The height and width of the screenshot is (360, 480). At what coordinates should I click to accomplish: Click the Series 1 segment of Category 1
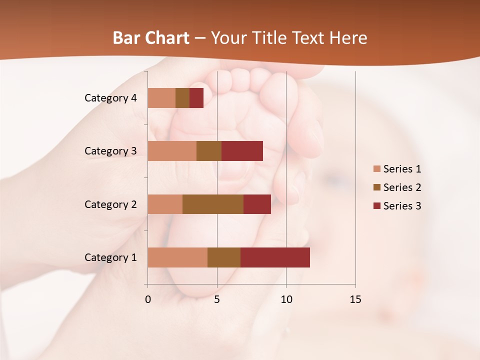click(177, 257)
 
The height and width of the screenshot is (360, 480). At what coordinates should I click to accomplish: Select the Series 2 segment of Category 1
click(224, 257)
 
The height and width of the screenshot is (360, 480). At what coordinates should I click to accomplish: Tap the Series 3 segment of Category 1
click(275, 257)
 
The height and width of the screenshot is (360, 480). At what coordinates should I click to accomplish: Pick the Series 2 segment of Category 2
click(213, 204)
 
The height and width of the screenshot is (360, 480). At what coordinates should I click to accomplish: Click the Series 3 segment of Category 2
click(257, 204)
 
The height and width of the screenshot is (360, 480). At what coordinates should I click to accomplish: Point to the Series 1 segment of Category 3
click(172, 151)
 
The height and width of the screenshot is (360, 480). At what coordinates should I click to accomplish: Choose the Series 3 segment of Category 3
click(242, 151)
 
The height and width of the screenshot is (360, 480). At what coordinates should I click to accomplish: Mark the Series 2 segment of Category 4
click(182, 98)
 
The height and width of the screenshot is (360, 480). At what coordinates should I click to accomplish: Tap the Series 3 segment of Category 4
click(196, 98)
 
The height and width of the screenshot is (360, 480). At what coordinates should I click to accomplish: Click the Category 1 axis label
click(110, 257)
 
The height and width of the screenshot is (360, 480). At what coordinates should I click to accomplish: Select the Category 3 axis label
click(110, 151)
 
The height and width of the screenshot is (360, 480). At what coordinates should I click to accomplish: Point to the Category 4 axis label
click(110, 98)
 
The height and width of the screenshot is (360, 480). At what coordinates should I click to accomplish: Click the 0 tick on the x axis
click(148, 299)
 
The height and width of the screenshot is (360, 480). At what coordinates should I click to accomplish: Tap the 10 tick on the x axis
click(286, 299)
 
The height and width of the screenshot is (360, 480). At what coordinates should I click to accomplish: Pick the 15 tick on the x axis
click(355, 299)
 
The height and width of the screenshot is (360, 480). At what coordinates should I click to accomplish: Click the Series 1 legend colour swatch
click(376, 169)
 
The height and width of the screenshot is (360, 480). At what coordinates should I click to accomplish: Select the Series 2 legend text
click(402, 187)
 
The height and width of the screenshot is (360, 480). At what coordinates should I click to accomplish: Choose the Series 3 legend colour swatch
click(376, 206)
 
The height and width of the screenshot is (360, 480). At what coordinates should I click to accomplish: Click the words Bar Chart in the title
click(151, 38)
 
